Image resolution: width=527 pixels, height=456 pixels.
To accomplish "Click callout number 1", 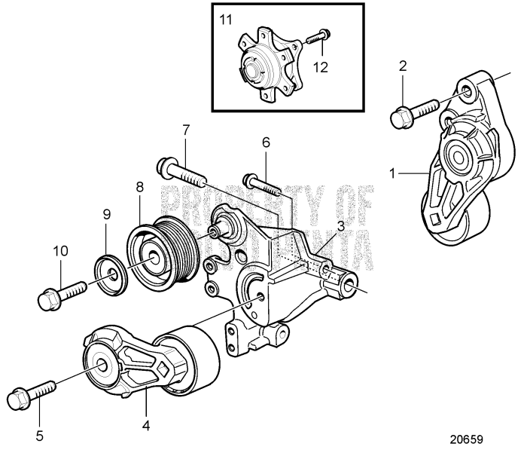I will [x=392, y=173].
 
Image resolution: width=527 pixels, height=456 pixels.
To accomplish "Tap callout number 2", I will [x=404, y=66].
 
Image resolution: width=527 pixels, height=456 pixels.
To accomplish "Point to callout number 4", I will [x=146, y=425].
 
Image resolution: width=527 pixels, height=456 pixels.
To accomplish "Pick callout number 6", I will [x=265, y=142].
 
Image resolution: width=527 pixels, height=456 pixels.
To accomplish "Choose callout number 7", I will [x=184, y=130].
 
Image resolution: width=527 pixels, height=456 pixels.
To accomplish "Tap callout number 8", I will [x=139, y=185].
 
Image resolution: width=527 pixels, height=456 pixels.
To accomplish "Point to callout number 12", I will [x=321, y=67].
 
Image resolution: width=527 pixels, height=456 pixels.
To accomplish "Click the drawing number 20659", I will [x=466, y=438].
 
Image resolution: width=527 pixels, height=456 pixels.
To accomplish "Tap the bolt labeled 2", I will [x=410, y=115].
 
